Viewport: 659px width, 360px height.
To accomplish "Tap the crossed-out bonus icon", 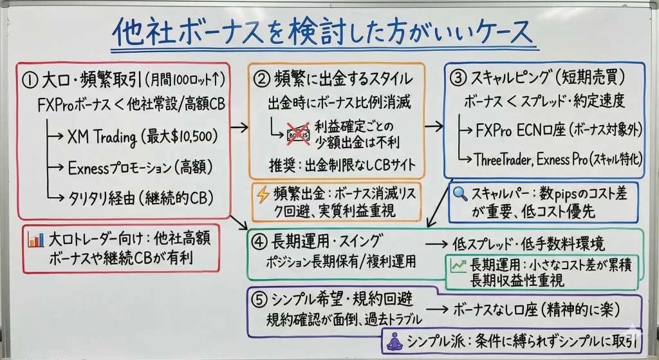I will pyautogui.click(x=296, y=131).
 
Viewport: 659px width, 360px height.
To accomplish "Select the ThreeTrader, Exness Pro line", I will pyautogui.click(x=556, y=158).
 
